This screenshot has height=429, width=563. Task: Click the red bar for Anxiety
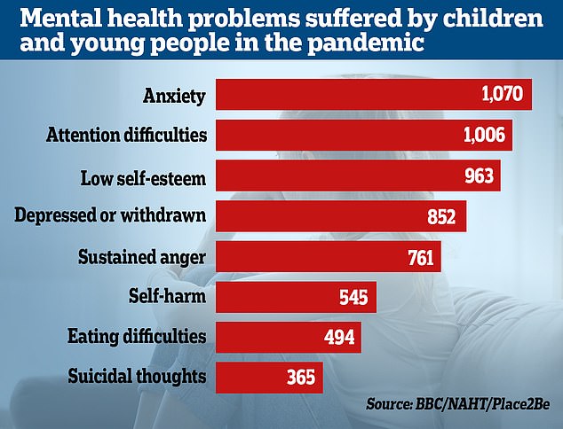tap(373, 95)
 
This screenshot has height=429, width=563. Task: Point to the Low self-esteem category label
tap(141, 175)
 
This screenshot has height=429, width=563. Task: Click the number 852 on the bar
tap(440, 216)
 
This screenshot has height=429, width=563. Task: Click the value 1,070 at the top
tap(503, 95)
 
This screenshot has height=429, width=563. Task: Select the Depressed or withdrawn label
tap(112, 216)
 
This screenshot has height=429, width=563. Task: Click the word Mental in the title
tap(41, 17)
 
